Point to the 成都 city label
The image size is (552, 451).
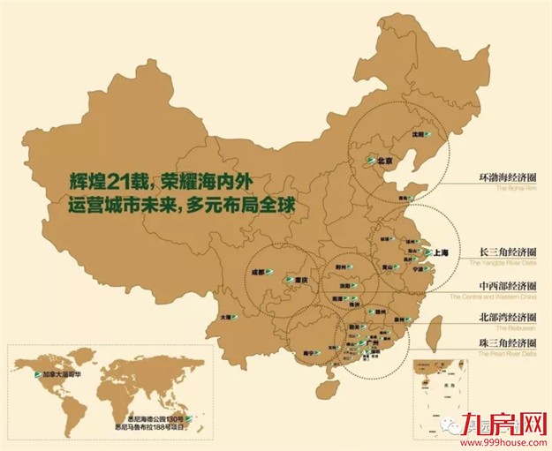257,273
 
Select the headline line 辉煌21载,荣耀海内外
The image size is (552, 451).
163,182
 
